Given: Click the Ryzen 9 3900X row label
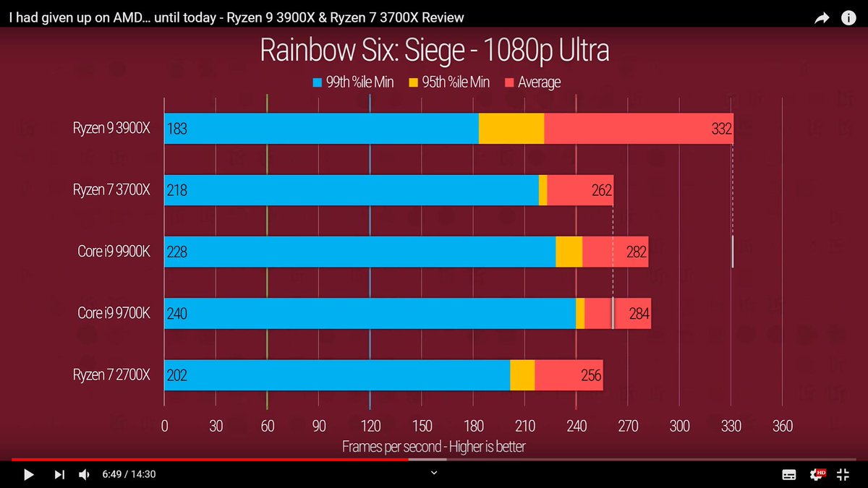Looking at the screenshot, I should pyautogui.click(x=111, y=129).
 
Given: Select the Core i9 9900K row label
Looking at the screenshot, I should pyautogui.click(x=114, y=252).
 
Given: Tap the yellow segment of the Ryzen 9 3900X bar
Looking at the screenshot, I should pyautogui.click(x=511, y=129).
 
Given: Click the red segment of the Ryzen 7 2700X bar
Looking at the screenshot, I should pyautogui.click(x=569, y=374).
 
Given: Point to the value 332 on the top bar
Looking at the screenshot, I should pyautogui.click(x=721, y=129).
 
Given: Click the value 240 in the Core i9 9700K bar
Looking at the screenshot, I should pyautogui.click(x=176, y=314).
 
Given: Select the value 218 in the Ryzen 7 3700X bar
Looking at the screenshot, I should pyautogui.click(x=176, y=191).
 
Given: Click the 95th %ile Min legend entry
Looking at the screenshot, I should pyautogui.click(x=449, y=82).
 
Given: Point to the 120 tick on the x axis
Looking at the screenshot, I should pyautogui.click(x=370, y=426).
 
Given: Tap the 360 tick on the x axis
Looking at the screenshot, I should pyautogui.click(x=782, y=426).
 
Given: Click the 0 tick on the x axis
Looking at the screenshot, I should pyautogui.click(x=164, y=426).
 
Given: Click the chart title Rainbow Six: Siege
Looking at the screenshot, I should pyautogui.click(x=434, y=51).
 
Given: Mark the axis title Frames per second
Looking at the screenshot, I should pyautogui.click(x=433, y=447).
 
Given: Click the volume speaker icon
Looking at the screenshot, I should pyautogui.click(x=84, y=474).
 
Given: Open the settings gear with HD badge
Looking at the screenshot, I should pyautogui.click(x=817, y=474).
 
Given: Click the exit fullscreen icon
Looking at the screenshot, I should pyautogui.click(x=843, y=474).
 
